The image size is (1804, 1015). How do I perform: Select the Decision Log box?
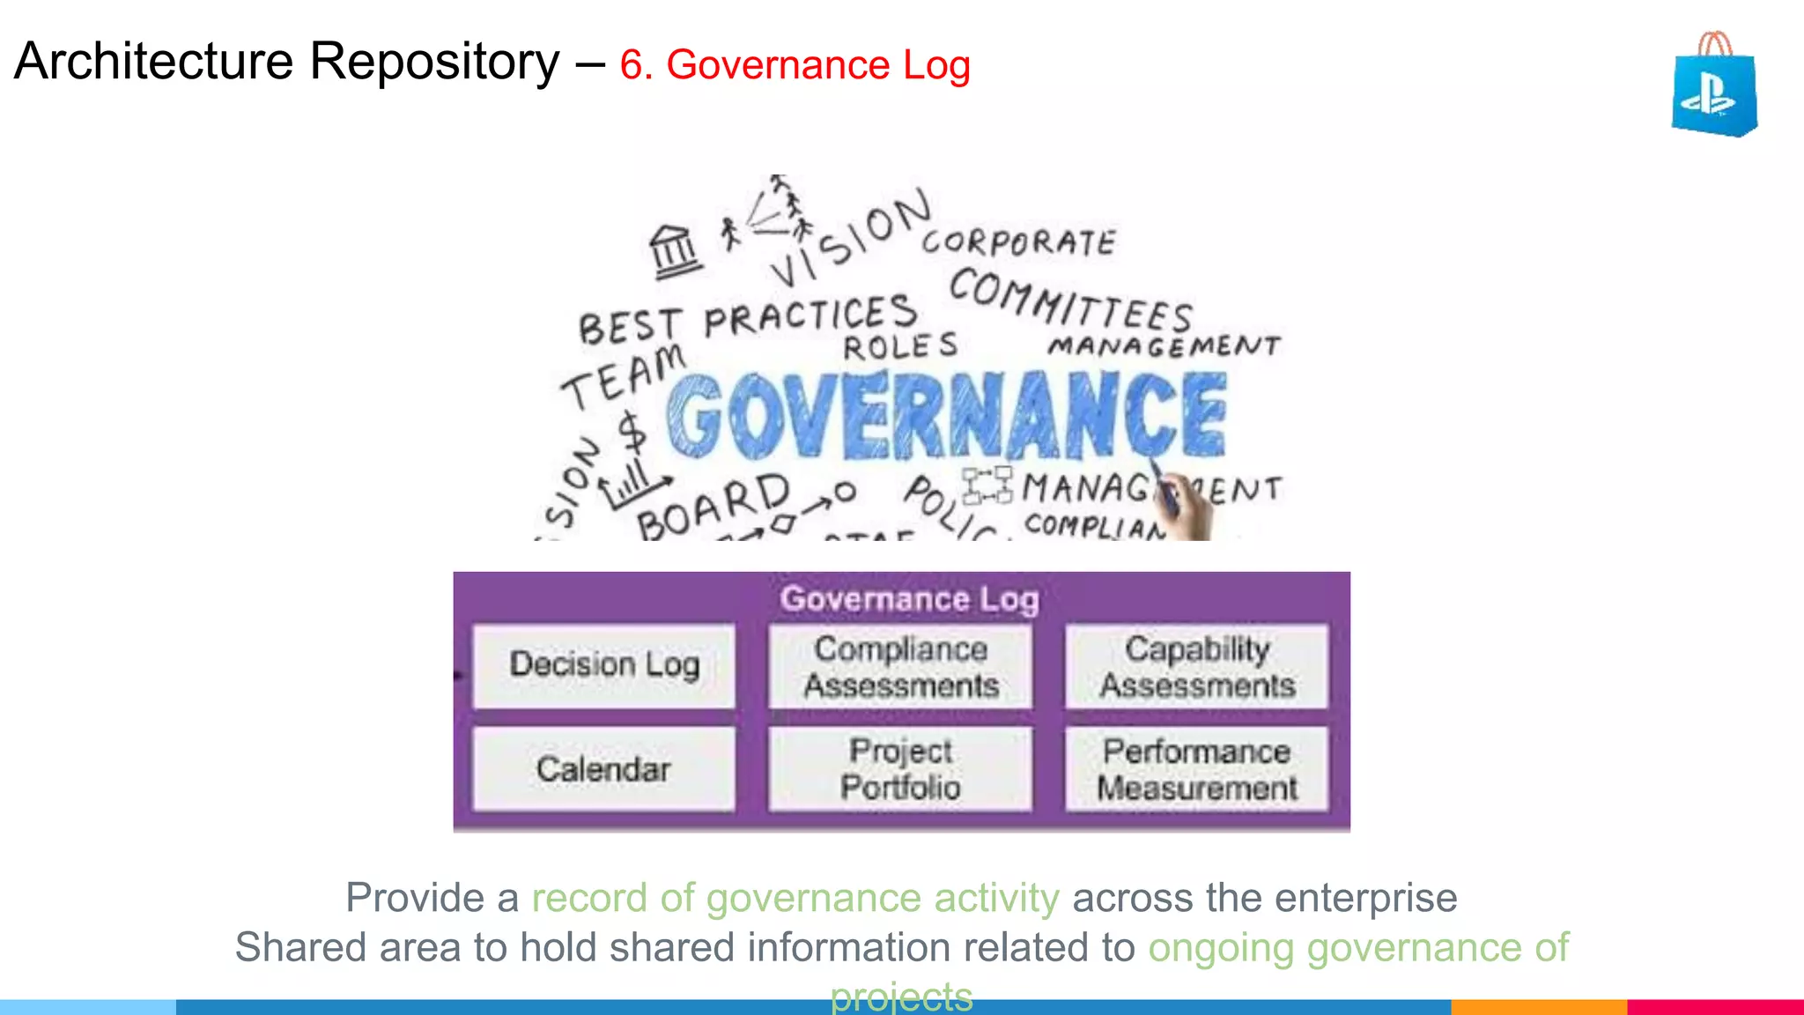(604, 665)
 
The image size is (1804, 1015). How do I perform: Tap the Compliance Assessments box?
(900, 666)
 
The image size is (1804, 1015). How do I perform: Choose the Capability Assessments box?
(1196, 666)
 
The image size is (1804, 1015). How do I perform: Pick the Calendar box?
(604, 768)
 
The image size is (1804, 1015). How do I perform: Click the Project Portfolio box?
(900, 768)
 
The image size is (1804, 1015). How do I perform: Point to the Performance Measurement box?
(1196, 768)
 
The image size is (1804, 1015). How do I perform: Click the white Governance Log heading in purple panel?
(909, 599)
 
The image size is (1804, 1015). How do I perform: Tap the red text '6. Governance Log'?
(795, 65)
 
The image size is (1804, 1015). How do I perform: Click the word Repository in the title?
(434, 62)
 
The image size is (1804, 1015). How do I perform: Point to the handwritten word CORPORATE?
(1019, 242)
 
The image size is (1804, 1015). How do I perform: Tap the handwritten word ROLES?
(900, 346)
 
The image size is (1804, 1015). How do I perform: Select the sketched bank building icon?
(675, 251)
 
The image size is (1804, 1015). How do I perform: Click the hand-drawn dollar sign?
(632, 432)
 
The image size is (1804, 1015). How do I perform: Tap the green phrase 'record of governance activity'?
(795, 898)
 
